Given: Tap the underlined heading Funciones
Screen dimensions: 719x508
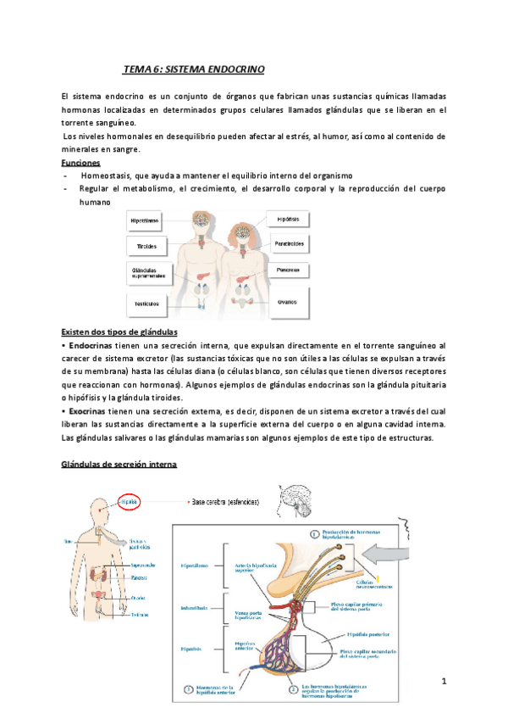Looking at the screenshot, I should [81, 162].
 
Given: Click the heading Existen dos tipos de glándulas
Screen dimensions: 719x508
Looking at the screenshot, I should [119, 332].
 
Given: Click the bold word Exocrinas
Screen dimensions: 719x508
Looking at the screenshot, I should [87, 410].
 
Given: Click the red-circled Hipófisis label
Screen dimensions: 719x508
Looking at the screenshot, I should [129, 502].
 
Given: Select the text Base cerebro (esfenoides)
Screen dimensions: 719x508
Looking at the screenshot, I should [226, 501].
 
